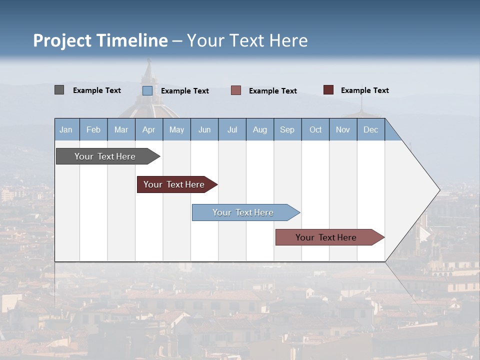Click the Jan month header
[x=66, y=129]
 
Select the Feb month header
[x=93, y=129]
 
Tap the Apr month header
[x=149, y=129]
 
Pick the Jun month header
[x=204, y=129]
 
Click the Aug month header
[x=260, y=129]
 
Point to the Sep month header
[x=287, y=129]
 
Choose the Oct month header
[x=315, y=129]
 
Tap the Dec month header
[x=371, y=129]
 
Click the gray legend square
[x=59, y=90]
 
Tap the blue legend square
[x=147, y=90]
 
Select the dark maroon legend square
[x=328, y=90]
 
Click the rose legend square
[x=236, y=90]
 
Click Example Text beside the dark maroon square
[x=364, y=90]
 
